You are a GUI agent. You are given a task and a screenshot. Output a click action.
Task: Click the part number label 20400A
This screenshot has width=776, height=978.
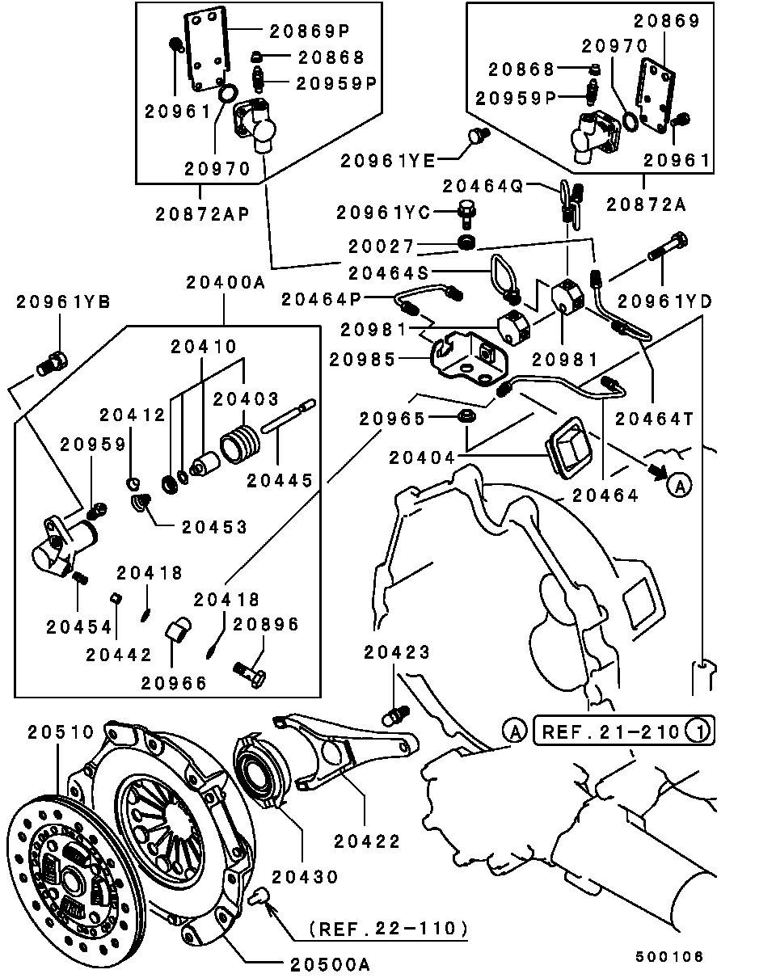pos(225,283)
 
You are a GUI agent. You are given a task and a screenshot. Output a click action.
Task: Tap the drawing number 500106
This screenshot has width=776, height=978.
pos(669,957)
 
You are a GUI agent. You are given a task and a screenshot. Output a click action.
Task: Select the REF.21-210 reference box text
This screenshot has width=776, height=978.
pos(610,732)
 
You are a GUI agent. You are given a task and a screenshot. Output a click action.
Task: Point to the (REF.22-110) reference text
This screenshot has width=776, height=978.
pos(388,928)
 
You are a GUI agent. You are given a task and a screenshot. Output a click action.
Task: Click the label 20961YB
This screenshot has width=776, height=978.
pos(64,302)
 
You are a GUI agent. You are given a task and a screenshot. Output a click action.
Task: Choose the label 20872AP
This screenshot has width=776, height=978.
pos(201,215)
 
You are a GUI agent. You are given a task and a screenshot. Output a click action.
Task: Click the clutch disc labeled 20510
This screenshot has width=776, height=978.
pos(65,865)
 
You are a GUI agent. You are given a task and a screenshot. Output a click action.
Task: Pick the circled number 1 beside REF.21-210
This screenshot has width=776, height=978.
pos(698,732)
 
